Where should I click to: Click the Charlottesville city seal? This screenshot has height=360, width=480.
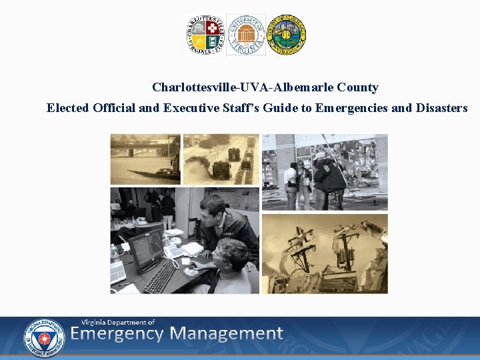[x=204, y=35]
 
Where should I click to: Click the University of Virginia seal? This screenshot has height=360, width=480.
[x=245, y=35]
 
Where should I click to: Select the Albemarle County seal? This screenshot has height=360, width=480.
[x=286, y=35]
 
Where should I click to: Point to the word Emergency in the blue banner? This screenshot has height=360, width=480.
[x=117, y=333]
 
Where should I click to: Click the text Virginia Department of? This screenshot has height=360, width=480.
[x=118, y=322]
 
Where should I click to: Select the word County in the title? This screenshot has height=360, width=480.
[x=357, y=87]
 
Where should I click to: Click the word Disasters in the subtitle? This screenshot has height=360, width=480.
[x=441, y=107]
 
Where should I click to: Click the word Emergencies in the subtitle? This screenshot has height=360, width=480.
[x=352, y=107]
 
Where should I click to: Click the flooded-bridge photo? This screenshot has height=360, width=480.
[x=145, y=159]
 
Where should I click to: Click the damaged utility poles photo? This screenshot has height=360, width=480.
[x=325, y=253]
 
